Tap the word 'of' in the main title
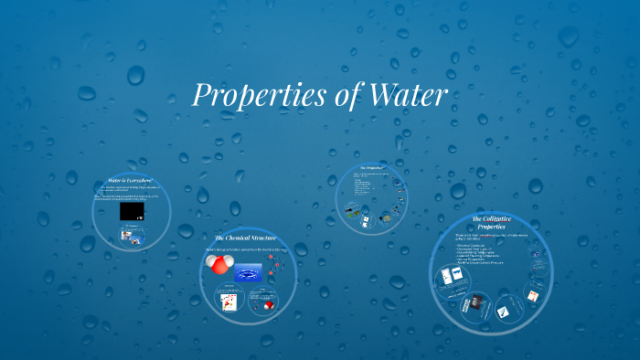coord(342,94)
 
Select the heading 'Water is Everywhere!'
coord(129,181)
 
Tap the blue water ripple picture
coord(249,272)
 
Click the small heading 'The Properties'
coord(370,169)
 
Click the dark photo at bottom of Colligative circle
coord(475,305)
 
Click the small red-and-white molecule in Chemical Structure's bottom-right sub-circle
coord(270,305)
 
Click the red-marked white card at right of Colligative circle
coord(532,293)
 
